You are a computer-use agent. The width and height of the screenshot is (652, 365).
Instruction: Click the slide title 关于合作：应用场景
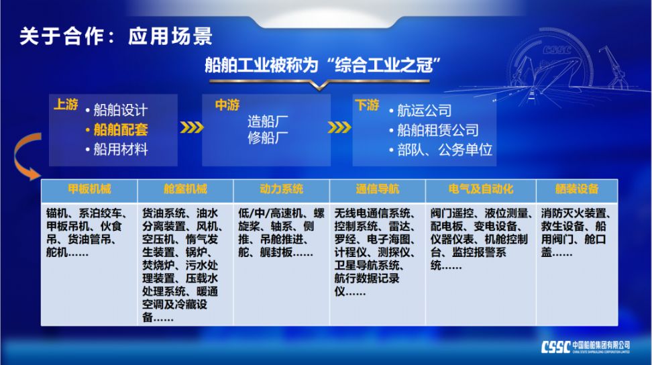tap(116, 36)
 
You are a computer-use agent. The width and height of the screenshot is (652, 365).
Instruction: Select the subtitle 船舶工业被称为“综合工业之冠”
tap(323, 65)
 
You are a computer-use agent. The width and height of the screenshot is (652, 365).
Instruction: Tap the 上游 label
tap(66, 105)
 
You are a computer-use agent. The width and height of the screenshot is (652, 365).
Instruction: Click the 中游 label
tap(227, 105)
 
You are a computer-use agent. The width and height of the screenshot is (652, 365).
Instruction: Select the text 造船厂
tap(268, 122)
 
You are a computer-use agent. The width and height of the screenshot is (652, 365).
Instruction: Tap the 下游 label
tap(367, 105)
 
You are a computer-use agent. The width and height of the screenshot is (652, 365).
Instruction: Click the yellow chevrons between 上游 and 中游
tap(191, 127)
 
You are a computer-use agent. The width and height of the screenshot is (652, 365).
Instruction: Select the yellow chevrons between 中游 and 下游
tap(339, 127)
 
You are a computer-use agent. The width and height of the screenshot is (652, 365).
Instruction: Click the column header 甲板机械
tap(89, 189)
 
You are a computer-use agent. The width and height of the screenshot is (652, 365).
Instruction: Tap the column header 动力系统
tap(282, 189)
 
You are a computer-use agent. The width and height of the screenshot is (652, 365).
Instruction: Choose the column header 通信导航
tap(378, 189)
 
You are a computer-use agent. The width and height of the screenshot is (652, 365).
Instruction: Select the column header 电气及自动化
tap(481, 189)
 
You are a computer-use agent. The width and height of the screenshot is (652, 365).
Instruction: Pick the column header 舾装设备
tap(577, 189)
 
